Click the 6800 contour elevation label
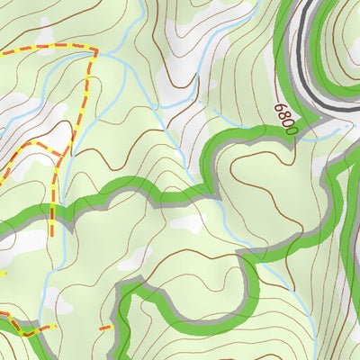[285, 118]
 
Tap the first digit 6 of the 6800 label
[280, 107]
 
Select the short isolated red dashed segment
[105, 328]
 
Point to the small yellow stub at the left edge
[3, 273]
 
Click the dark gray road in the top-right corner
[310, 36]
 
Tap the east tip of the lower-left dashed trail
[54, 327]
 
